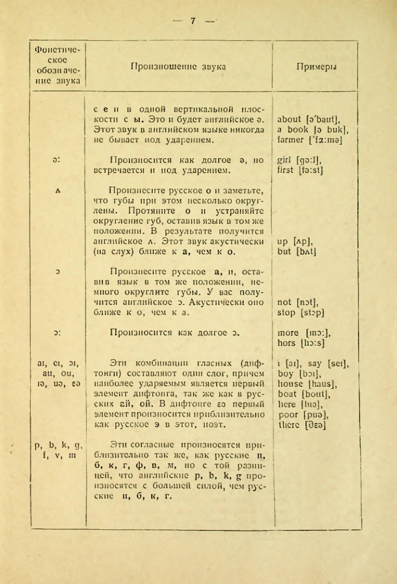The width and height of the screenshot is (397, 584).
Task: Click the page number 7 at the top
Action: [193, 21]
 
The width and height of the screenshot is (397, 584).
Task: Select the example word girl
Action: [284, 161]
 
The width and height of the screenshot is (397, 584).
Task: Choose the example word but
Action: [283, 253]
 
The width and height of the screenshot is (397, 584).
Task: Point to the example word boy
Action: [284, 374]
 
